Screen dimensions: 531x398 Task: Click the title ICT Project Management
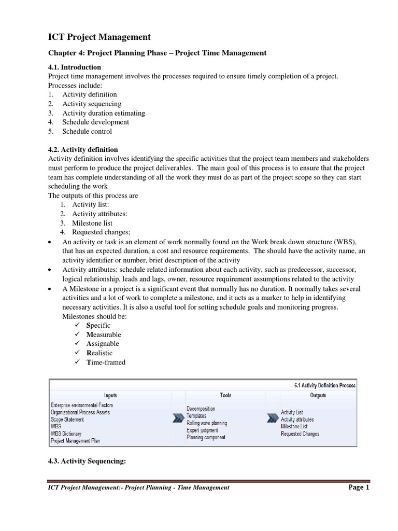[99, 37]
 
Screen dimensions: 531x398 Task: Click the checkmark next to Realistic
[77, 353]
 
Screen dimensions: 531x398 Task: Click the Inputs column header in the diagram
[110, 395]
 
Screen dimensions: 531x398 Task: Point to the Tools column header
[225, 395]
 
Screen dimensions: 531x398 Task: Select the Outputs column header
[318, 395]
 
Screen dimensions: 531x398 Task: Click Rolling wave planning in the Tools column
[207, 423]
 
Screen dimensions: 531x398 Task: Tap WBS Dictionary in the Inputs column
[66, 434]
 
